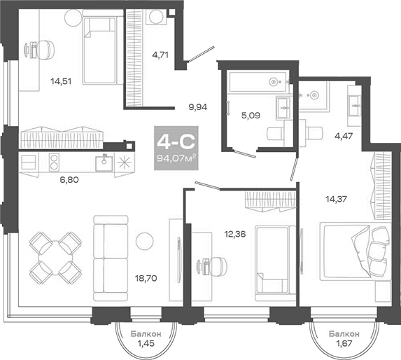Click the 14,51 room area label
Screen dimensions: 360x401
[x=61, y=81]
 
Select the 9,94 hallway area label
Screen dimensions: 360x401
[x=197, y=107]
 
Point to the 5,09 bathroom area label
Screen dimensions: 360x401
[x=251, y=116]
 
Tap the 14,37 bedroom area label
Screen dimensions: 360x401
[x=337, y=198]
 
